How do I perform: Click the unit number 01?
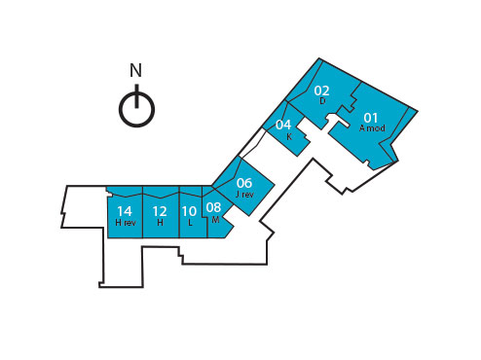[x=371, y=118]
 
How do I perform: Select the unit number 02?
[x=321, y=90]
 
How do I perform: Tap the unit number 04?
[x=283, y=125]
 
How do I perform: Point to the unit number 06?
[x=244, y=183]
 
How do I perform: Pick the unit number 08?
[x=214, y=207]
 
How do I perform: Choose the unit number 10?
[x=189, y=210]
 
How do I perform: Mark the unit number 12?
[x=160, y=210]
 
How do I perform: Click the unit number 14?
[x=124, y=210]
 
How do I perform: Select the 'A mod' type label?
[x=372, y=128]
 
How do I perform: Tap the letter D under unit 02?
[x=321, y=100]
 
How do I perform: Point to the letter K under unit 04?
[x=289, y=136]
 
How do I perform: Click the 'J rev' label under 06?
[x=244, y=195]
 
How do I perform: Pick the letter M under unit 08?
[x=215, y=219]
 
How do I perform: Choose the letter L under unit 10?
[x=190, y=222]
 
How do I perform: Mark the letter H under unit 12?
[x=160, y=222]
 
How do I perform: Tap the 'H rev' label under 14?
[x=125, y=222]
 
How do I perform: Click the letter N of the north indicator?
[x=135, y=70]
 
